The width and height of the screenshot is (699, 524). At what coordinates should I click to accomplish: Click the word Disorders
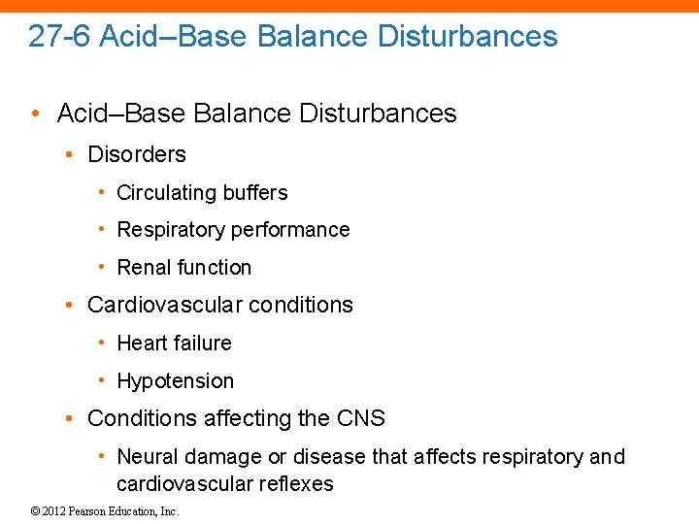[x=137, y=154]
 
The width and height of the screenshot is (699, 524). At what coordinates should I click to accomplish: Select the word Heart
[x=142, y=344]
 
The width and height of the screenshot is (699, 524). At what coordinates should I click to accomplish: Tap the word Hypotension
[x=175, y=381]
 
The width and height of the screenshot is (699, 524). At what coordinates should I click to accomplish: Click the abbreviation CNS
[x=361, y=419]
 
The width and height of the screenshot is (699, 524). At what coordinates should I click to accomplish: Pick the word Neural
[x=148, y=457]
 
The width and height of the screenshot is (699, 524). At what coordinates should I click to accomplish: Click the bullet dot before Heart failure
[x=103, y=343]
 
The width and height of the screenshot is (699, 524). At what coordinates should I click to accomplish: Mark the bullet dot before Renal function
[x=103, y=267]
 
